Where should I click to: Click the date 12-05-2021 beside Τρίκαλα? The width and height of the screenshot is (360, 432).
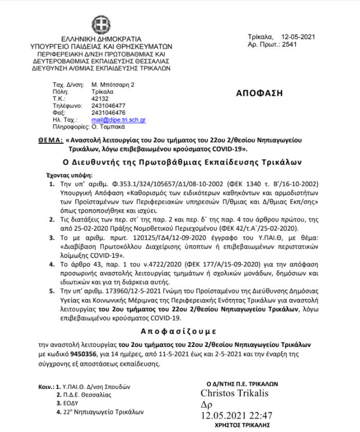[x=298, y=37]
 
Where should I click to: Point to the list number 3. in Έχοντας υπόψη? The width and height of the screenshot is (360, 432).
[x=52, y=238]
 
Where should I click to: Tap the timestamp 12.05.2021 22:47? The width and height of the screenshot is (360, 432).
[x=237, y=415]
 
